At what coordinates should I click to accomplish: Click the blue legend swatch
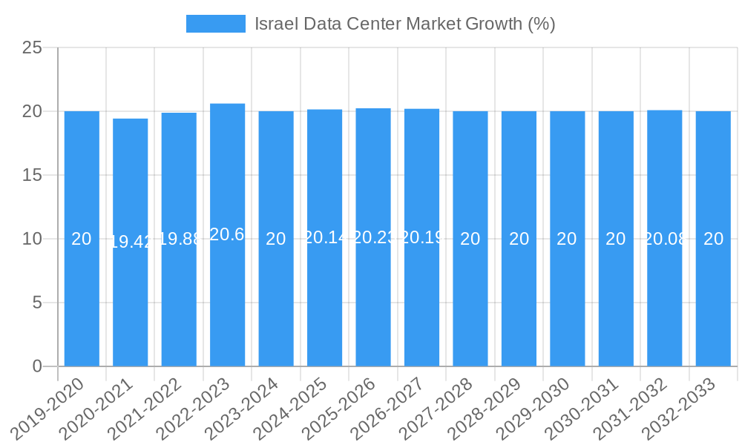click(215, 24)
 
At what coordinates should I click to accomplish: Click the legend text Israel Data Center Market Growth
click(404, 24)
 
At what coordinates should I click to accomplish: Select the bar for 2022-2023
click(227, 297)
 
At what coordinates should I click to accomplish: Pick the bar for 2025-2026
click(373, 297)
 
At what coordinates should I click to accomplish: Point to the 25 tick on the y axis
click(32, 48)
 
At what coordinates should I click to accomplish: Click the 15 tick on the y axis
click(32, 176)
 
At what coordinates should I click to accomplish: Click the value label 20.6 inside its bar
click(227, 234)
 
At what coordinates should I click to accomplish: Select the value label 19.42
click(131, 242)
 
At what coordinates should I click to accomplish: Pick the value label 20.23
click(373, 237)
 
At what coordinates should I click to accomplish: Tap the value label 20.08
click(665, 239)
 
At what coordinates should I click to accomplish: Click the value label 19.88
click(179, 239)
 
